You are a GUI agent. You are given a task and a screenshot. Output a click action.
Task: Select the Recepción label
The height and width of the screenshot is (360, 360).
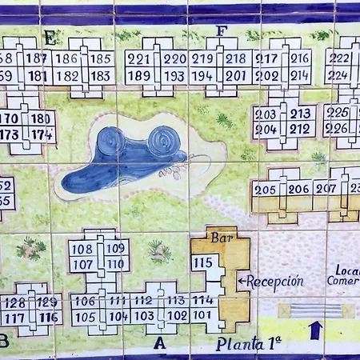[274, 282]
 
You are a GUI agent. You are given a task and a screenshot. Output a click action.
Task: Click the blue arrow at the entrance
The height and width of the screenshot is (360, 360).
[315, 329]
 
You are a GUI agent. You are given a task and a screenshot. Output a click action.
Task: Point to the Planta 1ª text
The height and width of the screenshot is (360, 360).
[249, 345]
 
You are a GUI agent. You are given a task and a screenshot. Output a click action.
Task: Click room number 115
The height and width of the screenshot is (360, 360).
[203, 262]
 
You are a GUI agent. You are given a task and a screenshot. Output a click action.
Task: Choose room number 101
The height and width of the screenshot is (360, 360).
[203, 314]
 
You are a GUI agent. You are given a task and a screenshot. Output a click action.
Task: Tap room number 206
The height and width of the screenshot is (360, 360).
[299, 190]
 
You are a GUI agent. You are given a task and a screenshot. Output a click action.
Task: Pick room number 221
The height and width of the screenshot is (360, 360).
[139, 58]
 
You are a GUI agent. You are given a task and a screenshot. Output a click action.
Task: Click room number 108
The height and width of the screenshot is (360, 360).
[82, 248]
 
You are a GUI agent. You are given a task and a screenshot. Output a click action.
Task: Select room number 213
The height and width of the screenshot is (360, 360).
[301, 114]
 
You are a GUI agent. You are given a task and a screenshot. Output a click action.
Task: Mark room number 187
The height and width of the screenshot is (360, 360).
[37, 58]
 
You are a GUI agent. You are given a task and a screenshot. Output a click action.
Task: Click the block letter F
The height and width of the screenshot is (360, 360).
[222, 31]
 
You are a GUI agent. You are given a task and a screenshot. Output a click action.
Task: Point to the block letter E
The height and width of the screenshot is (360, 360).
[50, 36]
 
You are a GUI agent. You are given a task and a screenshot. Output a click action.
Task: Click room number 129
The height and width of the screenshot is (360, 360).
[47, 302]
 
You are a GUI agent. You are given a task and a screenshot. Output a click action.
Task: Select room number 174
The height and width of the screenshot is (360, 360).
[42, 134]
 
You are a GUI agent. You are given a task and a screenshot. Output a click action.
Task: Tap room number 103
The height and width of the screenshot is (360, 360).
[144, 315]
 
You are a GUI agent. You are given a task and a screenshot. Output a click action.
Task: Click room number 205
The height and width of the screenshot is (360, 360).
[265, 190]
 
